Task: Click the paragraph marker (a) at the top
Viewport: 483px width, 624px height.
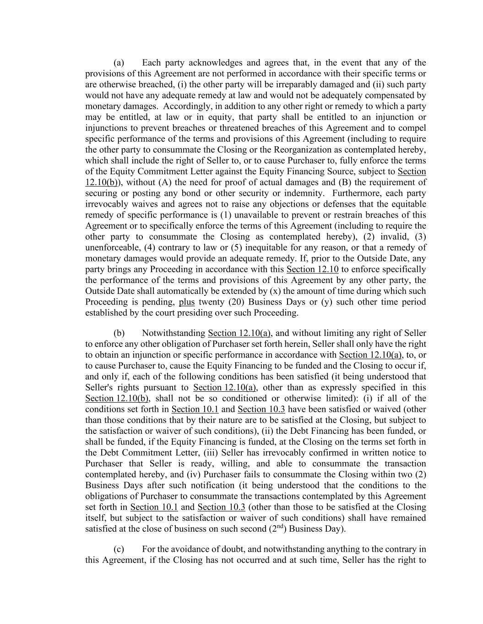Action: (119, 63)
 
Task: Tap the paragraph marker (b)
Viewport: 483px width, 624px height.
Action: (119, 333)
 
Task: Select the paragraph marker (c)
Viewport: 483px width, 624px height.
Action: (119, 549)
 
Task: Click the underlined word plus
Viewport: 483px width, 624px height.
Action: (187, 302)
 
